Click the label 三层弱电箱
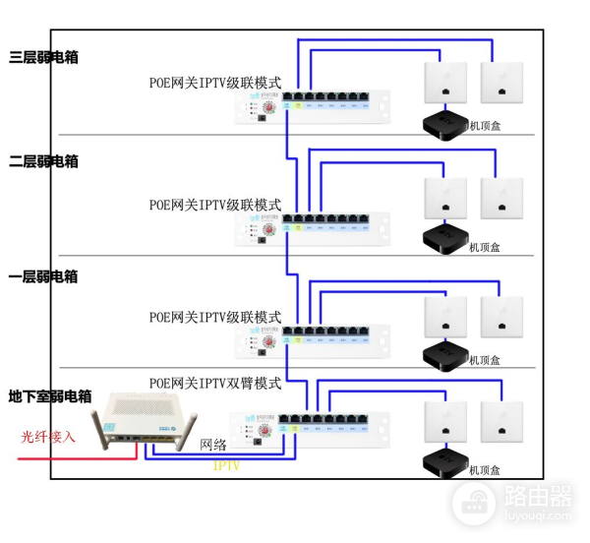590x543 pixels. coord(43,57)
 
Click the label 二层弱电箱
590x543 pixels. coord(43,161)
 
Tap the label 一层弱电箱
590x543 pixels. coord(43,277)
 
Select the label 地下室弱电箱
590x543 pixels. coord(50,396)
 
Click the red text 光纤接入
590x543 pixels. coord(48,436)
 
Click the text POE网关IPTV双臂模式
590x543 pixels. coord(215,382)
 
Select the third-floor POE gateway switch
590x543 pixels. coord(313,106)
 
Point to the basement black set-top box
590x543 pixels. coord(444,462)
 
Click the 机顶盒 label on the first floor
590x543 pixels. coord(484,360)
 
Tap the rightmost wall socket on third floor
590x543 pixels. coord(501,83)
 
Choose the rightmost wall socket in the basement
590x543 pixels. coord(501,421)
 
